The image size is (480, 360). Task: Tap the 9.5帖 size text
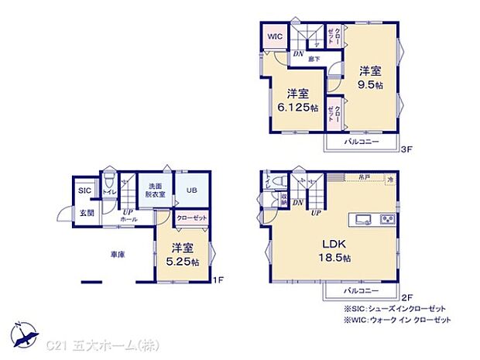coord(370,85)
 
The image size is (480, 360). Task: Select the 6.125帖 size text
coord(297,108)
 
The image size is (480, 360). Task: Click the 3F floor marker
coord(407,152)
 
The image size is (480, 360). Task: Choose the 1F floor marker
coord(220,281)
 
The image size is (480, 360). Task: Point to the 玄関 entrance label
coord(85,212)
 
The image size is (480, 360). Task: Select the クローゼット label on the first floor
coord(191,219)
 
